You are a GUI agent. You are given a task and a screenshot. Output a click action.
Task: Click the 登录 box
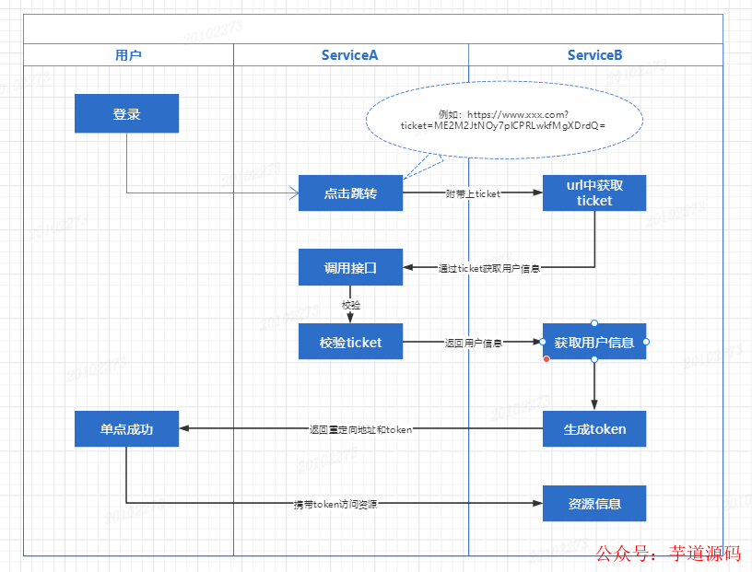click(126, 114)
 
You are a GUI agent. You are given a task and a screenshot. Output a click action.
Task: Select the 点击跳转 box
click(350, 193)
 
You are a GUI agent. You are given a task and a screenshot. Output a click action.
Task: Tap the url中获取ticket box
click(594, 193)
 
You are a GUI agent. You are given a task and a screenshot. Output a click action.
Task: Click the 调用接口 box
click(350, 268)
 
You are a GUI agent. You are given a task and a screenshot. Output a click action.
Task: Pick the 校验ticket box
click(350, 342)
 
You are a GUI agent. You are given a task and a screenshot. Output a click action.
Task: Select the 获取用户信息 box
click(594, 342)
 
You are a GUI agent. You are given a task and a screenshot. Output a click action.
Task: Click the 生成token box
click(594, 428)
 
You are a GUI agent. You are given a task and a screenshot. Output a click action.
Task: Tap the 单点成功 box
click(126, 428)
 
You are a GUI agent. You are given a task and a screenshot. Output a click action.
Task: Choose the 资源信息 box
click(594, 503)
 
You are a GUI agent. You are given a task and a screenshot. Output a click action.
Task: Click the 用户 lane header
click(128, 55)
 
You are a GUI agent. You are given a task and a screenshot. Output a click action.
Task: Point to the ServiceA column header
click(350, 55)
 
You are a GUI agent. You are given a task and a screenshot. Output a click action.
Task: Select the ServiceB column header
click(595, 55)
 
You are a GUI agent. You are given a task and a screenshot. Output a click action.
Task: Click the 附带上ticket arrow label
click(473, 193)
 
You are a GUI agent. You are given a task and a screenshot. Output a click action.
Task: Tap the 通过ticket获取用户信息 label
click(488, 268)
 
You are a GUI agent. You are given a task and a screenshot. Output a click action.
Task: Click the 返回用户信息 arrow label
click(473, 343)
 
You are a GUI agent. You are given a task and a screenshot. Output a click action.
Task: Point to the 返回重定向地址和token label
click(360, 429)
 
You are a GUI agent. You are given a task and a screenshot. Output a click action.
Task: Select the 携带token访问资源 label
click(335, 504)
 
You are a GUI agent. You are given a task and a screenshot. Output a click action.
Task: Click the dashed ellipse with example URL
click(503, 120)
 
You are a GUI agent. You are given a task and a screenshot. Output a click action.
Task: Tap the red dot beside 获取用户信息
click(546, 359)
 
